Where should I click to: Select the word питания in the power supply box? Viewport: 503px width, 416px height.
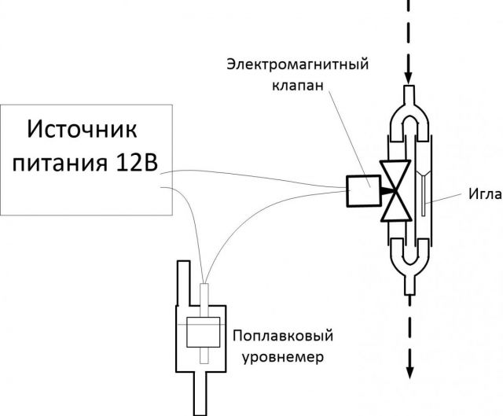[x=68, y=164]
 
